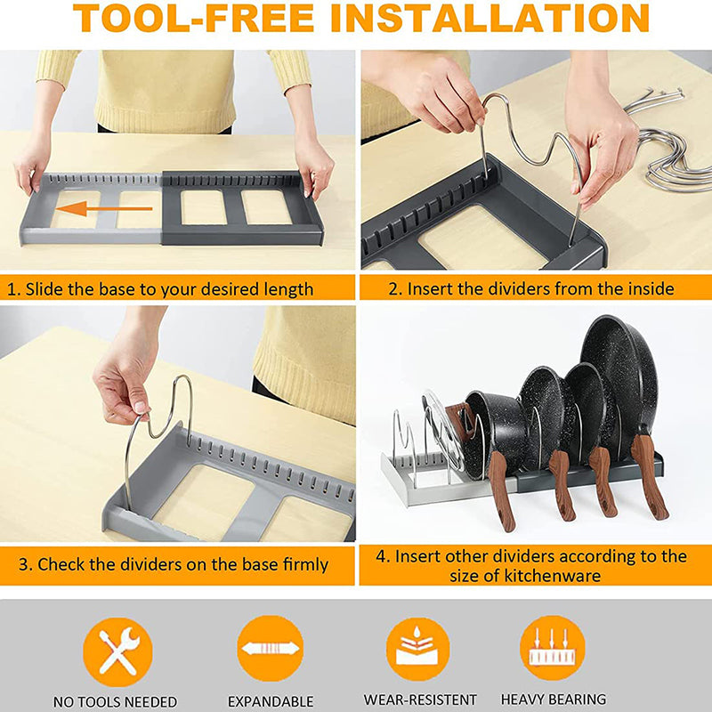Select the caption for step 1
click(161, 289)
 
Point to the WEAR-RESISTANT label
click(420, 700)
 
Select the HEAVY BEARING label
click(553, 700)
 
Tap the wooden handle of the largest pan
click(651, 475)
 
